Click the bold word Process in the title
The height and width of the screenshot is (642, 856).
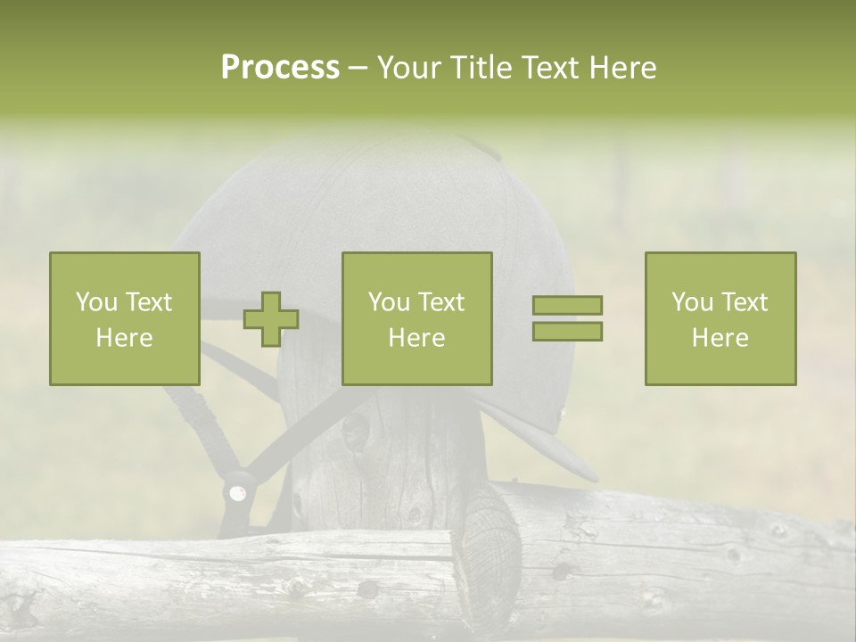(x=280, y=68)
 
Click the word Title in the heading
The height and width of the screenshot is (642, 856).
(x=480, y=68)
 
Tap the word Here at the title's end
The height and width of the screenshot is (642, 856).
(x=622, y=68)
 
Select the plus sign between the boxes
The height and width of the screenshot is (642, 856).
(x=271, y=319)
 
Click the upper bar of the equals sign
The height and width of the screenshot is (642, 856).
(x=567, y=306)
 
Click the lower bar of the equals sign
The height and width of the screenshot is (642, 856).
(x=567, y=331)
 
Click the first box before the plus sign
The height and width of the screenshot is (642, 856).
(x=125, y=319)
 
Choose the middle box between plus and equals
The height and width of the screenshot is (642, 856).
(x=417, y=319)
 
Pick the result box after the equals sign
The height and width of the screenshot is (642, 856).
(x=720, y=319)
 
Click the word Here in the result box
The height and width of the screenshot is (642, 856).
(x=720, y=338)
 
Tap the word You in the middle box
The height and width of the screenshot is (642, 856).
(x=390, y=302)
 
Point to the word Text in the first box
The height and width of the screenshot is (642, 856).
(x=149, y=302)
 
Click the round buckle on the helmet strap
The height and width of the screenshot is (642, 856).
(x=237, y=492)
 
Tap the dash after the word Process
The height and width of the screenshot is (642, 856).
(x=358, y=68)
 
